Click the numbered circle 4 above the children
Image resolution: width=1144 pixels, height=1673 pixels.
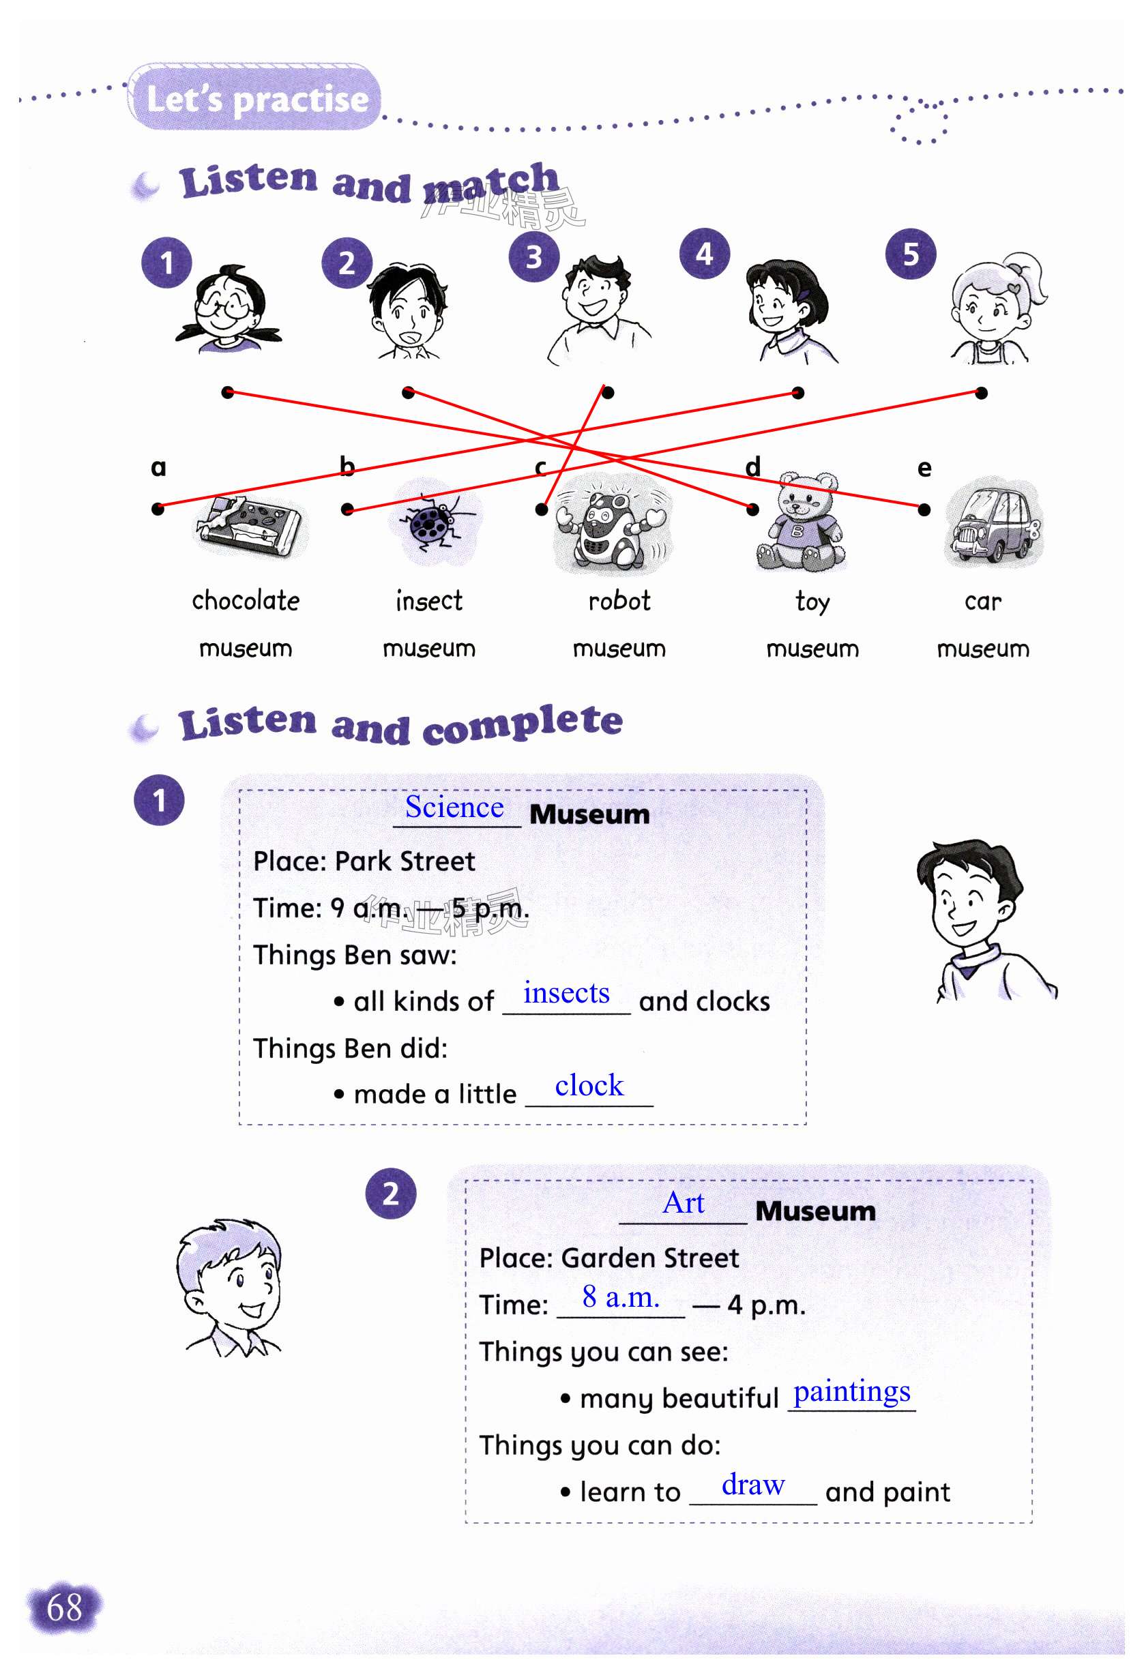pos(704,254)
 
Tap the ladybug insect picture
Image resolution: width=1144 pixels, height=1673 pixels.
pos(432,523)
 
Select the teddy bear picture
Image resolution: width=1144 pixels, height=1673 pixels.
pos(801,522)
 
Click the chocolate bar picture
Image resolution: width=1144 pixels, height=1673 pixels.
pos(249,527)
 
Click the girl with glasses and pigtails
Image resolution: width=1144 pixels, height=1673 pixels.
pos(229,310)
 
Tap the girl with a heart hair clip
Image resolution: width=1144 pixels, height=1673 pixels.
pos(998,308)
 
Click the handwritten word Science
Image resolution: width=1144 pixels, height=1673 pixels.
pos(454,807)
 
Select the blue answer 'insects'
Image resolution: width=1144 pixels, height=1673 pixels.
pos(566,994)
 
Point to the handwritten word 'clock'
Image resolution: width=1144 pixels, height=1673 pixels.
pos(589,1086)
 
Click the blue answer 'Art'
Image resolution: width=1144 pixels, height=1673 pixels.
pos(684,1203)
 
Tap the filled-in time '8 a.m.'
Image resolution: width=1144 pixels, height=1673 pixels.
pos(621,1297)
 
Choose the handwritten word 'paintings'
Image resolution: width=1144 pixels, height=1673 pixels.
pos(852,1391)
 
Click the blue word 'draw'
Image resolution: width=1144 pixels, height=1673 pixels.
pos(753,1485)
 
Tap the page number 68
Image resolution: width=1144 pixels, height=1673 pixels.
pos(64,1608)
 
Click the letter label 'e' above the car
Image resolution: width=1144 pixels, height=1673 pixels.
pos(924,469)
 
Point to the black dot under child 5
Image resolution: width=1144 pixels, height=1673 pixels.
pos(981,393)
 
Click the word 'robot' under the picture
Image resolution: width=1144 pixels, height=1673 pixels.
pos(619,601)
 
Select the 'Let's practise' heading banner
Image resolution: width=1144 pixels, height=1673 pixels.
pos(256,99)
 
